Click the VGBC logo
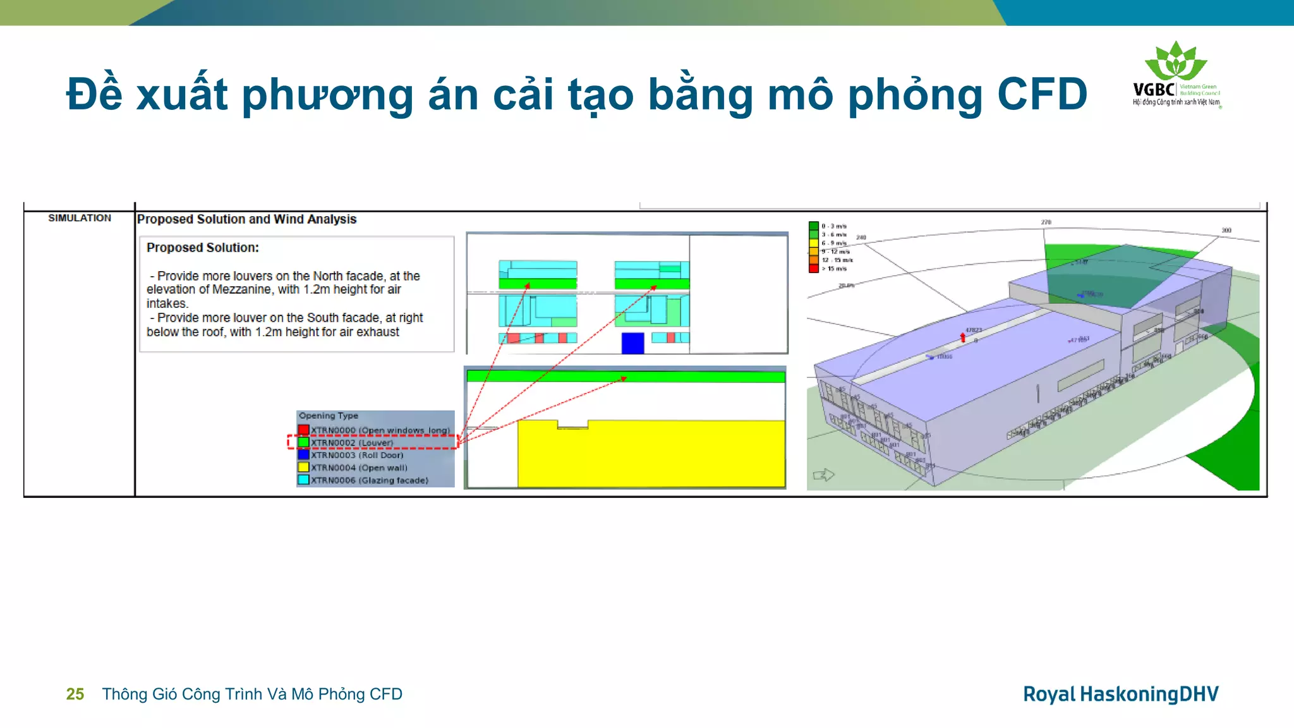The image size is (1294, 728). click(x=1176, y=75)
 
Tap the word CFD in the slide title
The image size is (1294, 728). click(x=1042, y=94)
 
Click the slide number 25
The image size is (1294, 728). click(x=75, y=694)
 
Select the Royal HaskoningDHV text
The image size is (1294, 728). click(x=1120, y=694)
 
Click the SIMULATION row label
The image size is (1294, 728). click(x=80, y=218)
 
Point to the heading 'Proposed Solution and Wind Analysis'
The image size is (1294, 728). click(x=246, y=219)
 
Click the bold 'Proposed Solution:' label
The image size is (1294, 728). click(x=203, y=248)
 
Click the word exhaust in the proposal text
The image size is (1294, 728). click(x=378, y=332)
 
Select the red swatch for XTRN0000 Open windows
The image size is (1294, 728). click(x=304, y=430)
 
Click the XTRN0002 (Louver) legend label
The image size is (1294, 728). click(x=351, y=442)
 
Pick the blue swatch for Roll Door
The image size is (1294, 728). click(x=304, y=454)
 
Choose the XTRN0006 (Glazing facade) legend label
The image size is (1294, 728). click(x=369, y=480)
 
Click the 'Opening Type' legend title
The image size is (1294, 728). click(x=328, y=416)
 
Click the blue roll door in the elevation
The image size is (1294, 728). click(x=632, y=343)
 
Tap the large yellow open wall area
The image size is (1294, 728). click(x=651, y=455)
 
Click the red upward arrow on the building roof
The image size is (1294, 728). click(x=963, y=337)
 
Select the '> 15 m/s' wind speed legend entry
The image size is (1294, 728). click(x=833, y=269)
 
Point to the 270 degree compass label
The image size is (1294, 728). click(x=1046, y=222)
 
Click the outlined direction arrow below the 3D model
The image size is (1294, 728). click(x=824, y=475)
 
